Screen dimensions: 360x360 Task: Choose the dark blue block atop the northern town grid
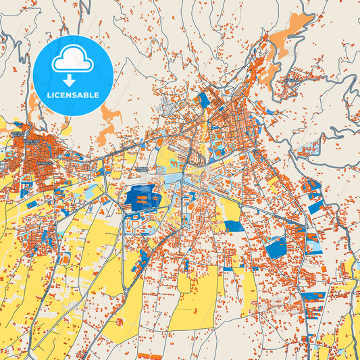tap(203, 99)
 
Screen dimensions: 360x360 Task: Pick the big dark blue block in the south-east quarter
tap(276, 247)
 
